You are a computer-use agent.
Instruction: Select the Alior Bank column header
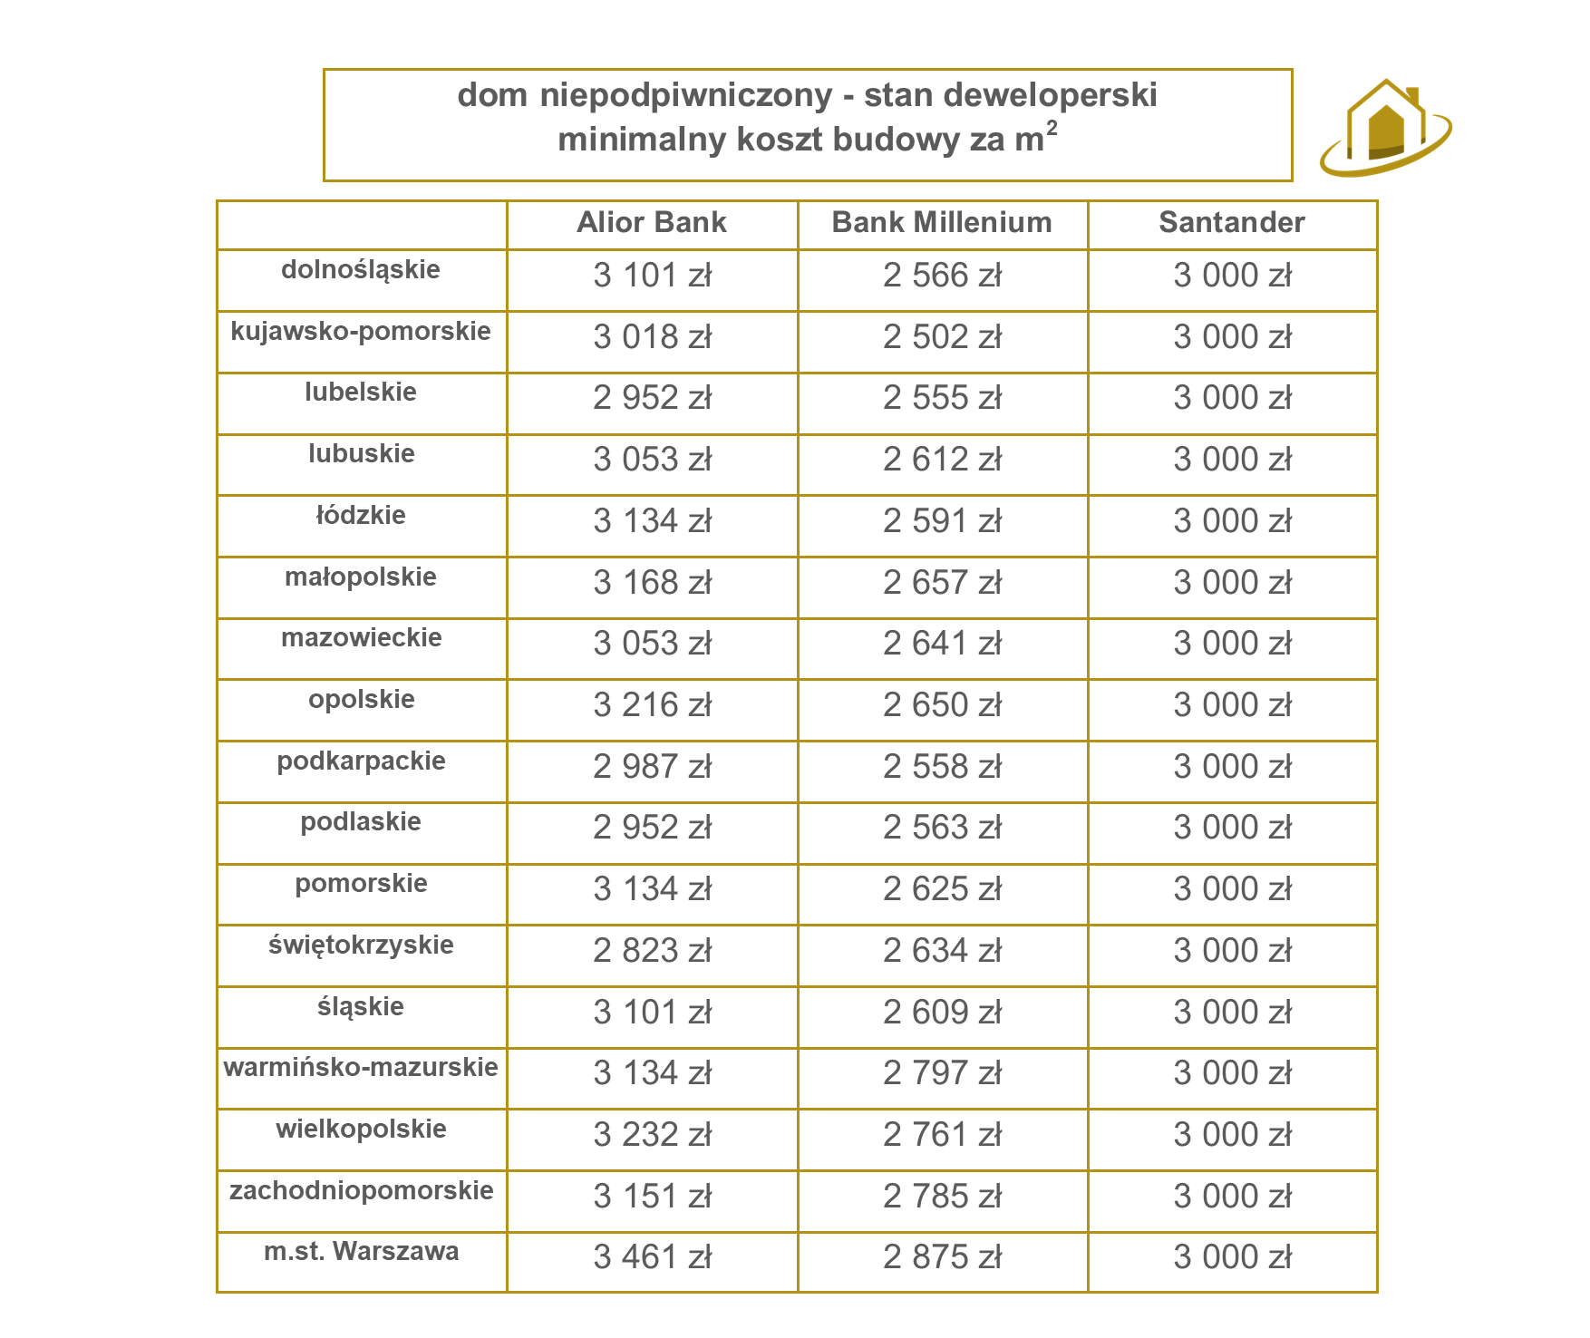pyautogui.click(x=652, y=222)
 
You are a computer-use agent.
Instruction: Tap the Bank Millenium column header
pyautogui.click(x=942, y=222)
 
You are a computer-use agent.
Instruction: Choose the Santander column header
pyautogui.click(x=1232, y=222)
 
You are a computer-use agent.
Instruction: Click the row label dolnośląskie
pyautogui.click(x=361, y=269)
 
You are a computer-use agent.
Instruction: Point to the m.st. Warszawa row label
pyautogui.click(x=361, y=1251)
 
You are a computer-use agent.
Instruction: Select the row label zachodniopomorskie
pyautogui.click(x=361, y=1190)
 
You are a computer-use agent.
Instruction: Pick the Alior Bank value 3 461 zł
pyautogui.click(x=653, y=1257)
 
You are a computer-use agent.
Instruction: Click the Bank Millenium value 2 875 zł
pyautogui.click(x=943, y=1257)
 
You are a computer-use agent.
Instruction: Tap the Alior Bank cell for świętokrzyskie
pyautogui.click(x=653, y=951)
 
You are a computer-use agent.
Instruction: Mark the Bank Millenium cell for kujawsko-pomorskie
pyautogui.click(x=943, y=337)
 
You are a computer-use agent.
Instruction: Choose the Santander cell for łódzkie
pyautogui.click(x=1233, y=521)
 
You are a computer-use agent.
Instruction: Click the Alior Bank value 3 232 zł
pyautogui.click(x=653, y=1135)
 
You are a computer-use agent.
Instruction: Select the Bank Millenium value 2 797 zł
pyautogui.click(x=943, y=1073)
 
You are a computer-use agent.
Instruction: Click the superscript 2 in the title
pyautogui.click(x=1052, y=128)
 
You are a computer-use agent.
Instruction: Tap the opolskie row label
pyautogui.click(x=361, y=699)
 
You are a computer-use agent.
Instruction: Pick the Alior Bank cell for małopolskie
pyautogui.click(x=653, y=583)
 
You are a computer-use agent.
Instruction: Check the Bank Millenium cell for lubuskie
pyautogui.click(x=943, y=460)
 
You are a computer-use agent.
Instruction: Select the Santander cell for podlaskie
pyautogui.click(x=1233, y=828)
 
